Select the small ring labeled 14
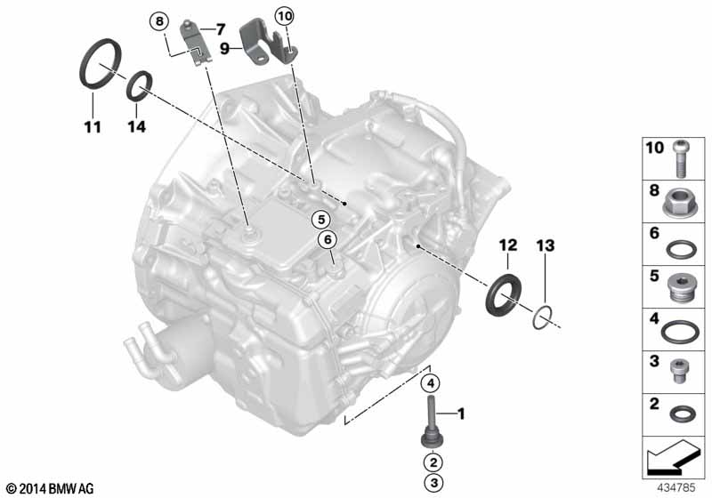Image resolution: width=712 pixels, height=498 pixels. pyautogui.click(x=137, y=87)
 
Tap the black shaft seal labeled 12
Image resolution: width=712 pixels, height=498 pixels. pyautogui.click(x=505, y=294)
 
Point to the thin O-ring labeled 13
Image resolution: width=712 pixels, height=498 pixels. pyautogui.click(x=545, y=315)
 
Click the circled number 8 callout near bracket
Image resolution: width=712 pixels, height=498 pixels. pyautogui.click(x=159, y=20)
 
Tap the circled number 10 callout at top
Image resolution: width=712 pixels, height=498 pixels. pyautogui.click(x=284, y=15)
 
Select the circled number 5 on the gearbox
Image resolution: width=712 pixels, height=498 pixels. pyautogui.click(x=320, y=218)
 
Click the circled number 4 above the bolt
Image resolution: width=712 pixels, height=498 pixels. pyautogui.click(x=430, y=384)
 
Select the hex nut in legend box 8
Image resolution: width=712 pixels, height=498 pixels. pyautogui.click(x=681, y=206)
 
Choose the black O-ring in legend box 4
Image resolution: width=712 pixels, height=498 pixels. pyautogui.click(x=681, y=331)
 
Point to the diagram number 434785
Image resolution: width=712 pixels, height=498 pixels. pyautogui.click(x=678, y=487)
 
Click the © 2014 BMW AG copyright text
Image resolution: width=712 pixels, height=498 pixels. pyautogui.click(x=49, y=488)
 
